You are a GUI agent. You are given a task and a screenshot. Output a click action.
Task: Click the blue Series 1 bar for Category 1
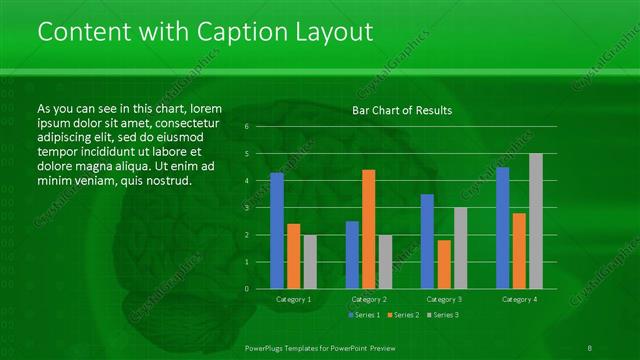click(277, 230)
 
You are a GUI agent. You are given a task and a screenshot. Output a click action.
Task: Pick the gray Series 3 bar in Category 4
click(536, 221)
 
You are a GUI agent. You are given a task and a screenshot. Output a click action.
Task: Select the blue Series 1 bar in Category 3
click(427, 241)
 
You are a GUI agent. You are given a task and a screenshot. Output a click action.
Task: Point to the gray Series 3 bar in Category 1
click(310, 261)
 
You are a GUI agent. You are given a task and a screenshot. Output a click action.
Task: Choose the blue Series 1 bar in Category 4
click(502, 228)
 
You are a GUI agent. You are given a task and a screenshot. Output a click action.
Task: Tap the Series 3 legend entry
click(441, 315)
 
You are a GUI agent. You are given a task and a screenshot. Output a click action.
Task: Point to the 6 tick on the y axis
click(247, 127)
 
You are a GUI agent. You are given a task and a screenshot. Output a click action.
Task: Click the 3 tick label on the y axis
click(247, 208)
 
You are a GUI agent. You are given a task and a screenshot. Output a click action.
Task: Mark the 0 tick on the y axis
click(247, 289)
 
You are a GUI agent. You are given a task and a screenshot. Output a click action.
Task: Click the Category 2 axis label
click(369, 299)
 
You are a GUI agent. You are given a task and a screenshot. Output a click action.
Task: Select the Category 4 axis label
click(519, 299)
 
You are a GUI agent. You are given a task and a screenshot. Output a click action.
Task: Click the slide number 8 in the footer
click(591, 347)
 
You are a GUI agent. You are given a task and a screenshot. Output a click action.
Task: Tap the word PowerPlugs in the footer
click(267, 347)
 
